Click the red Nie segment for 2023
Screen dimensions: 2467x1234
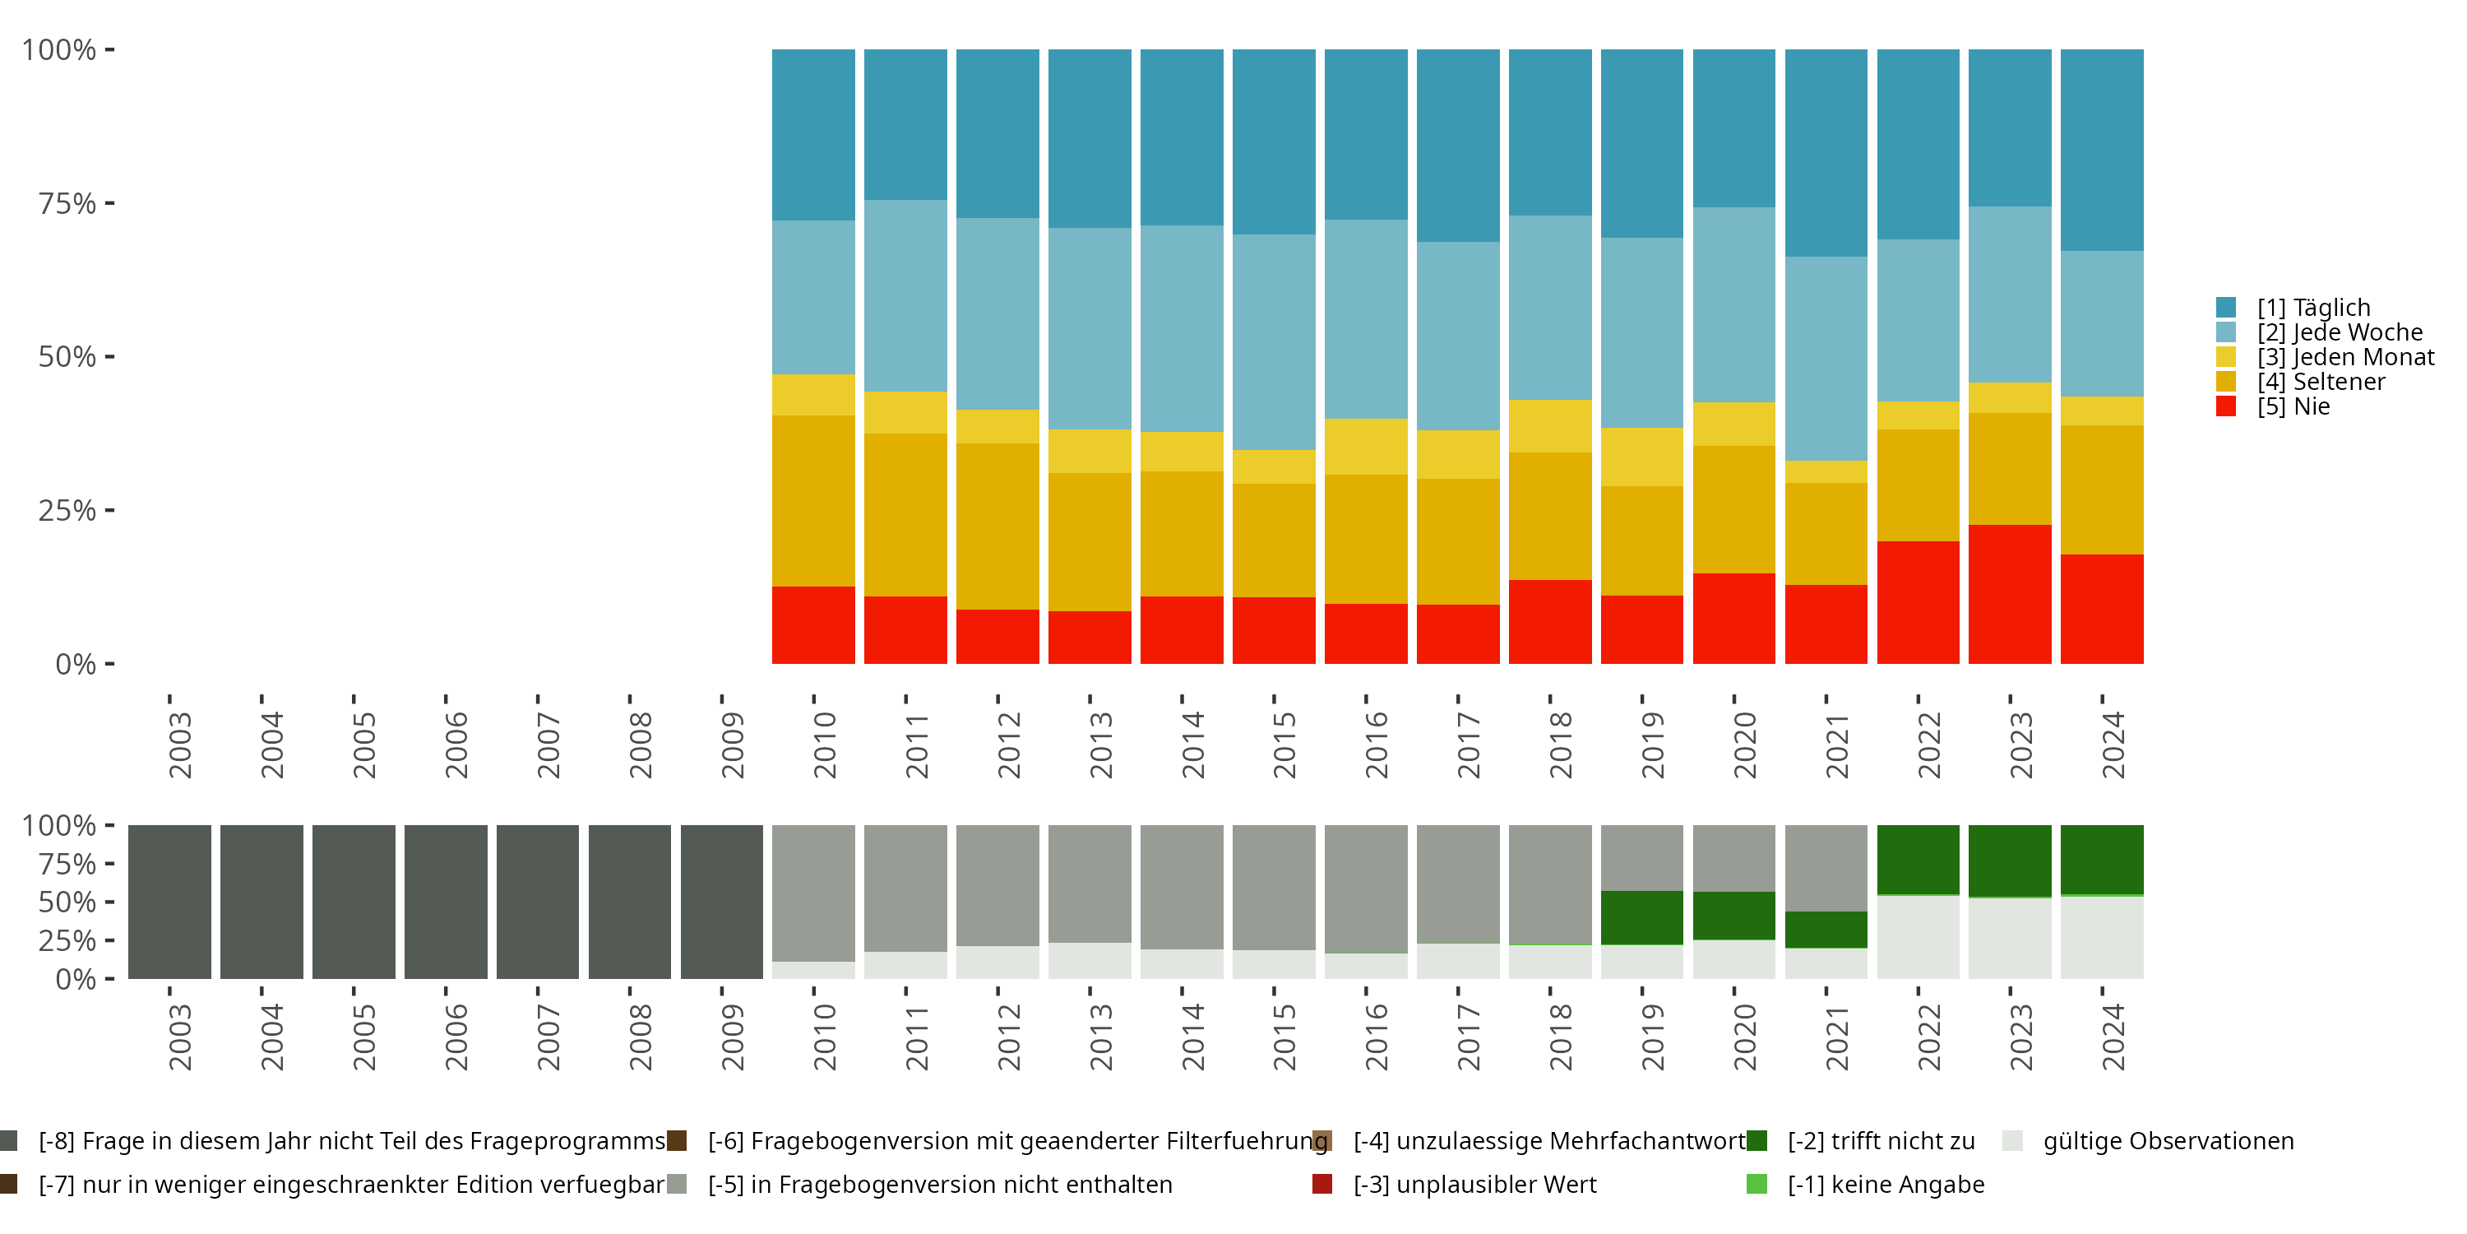(x=2009, y=594)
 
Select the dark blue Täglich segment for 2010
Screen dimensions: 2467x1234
(x=813, y=135)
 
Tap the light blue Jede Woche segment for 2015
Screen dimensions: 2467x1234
(x=1274, y=342)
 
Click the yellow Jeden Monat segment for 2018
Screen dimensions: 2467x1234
(x=1549, y=426)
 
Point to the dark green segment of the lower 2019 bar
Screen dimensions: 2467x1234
(x=1641, y=918)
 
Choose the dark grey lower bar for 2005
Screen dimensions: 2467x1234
(x=354, y=902)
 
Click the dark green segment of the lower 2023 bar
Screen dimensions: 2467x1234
(x=2009, y=861)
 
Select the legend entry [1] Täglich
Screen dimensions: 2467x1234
(x=2293, y=308)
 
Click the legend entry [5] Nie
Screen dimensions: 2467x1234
(x=2273, y=406)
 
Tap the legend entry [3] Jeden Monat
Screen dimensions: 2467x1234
(x=2326, y=356)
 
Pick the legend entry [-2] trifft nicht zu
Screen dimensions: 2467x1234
(x=1861, y=1141)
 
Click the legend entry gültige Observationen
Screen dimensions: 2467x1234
(x=2148, y=1141)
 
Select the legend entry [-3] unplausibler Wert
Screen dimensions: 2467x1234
(x=1455, y=1184)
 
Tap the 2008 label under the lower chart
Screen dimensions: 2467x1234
(x=640, y=1037)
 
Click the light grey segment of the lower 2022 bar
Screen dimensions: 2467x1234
(x=1918, y=938)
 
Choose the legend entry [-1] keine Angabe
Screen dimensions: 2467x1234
(x=1866, y=1184)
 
